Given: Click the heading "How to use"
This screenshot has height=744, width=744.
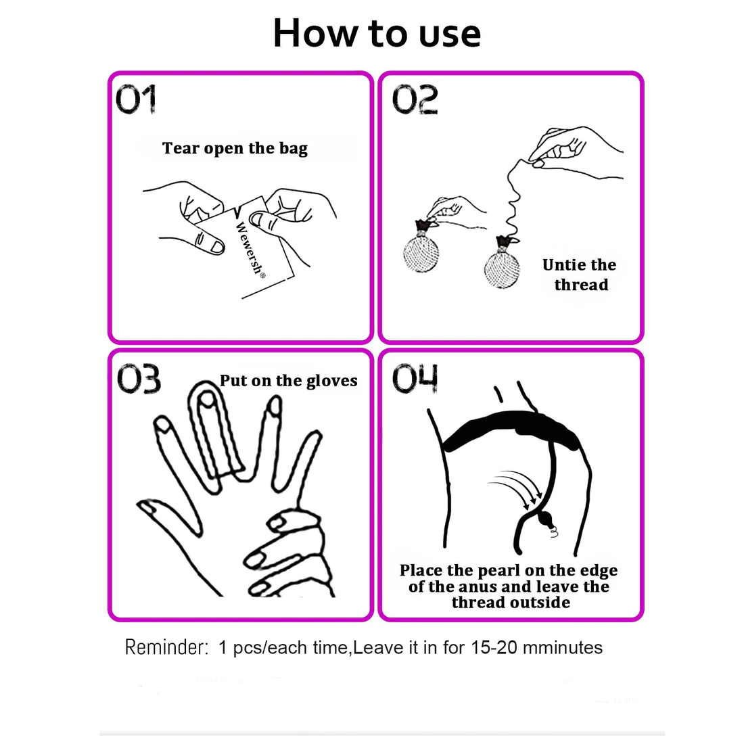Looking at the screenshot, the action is pyautogui.click(x=377, y=32).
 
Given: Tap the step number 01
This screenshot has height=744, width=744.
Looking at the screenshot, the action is pyautogui.click(x=136, y=99).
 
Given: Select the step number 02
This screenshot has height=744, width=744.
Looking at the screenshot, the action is pyautogui.click(x=415, y=99).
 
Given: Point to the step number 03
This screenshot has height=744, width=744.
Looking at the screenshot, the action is pyautogui.click(x=139, y=378).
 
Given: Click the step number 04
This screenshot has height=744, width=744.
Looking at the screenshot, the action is pyautogui.click(x=415, y=378).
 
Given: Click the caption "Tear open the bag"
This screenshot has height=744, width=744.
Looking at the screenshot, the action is pyautogui.click(x=235, y=148).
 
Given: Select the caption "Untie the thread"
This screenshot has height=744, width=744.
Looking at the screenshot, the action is pyautogui.click(x=580, y=274).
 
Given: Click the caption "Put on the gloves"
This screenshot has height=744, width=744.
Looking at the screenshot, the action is pyautogui.click(x=289, y=381).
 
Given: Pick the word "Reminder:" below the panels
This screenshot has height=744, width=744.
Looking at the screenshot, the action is pyautogui.click(x=166, y=647).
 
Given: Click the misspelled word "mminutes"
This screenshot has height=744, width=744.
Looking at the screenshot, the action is pyautogui.click(x=563, y=647).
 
